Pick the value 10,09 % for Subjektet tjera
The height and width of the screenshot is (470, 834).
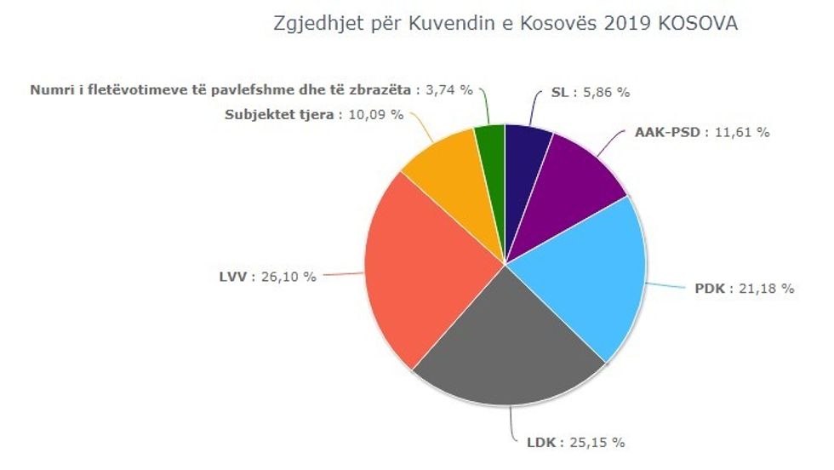pyautogui.click(x=375, y=114)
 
